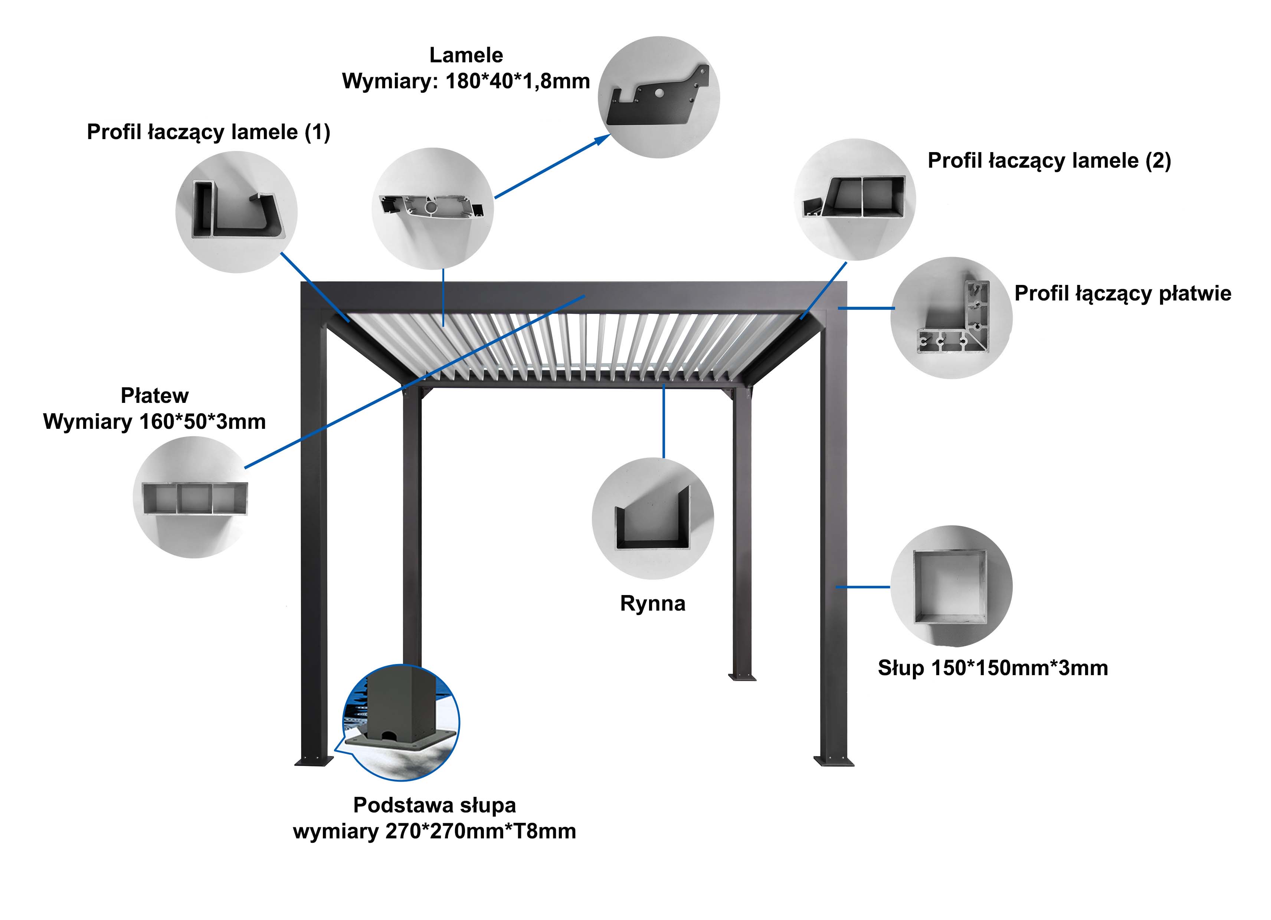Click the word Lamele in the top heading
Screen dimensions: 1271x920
pos(466,56)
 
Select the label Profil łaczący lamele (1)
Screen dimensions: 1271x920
pos(209,132)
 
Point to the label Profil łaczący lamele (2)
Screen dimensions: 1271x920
pos(1049,161)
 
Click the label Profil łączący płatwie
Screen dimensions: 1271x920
pos(1123,293)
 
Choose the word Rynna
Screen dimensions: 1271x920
pos(653,604)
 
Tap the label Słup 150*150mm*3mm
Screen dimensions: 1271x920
pos(993,668)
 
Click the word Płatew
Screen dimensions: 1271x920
pos(155,395)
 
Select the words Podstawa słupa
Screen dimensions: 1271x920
pos(434,805)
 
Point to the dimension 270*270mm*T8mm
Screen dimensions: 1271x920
pos(481,831)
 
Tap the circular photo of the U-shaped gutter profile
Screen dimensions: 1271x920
pos(653,518)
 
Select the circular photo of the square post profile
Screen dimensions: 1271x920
pos(951,586)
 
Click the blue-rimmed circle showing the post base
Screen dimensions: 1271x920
pos(401,723)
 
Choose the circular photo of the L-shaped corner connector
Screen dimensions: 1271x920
pos(951,318)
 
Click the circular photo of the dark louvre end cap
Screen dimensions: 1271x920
pos(659,97)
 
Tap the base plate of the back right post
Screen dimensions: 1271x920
pos(742,677)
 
